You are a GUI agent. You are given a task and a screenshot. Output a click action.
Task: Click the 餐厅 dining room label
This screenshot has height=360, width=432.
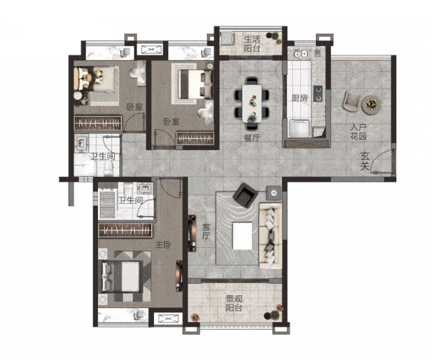[252, 138]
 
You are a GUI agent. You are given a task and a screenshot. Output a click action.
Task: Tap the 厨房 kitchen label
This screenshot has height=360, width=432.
[300, 98]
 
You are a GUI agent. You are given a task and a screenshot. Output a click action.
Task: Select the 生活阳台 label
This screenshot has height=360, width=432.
[252, 43]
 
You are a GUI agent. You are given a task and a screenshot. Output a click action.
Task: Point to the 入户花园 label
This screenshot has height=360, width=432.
[358, 132]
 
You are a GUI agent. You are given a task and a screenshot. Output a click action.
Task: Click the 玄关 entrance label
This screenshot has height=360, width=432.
[364, 161]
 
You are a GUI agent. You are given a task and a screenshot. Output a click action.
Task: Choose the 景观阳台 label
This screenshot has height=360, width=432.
[234, 303]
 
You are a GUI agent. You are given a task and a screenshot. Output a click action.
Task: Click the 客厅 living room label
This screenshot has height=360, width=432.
[206, 232]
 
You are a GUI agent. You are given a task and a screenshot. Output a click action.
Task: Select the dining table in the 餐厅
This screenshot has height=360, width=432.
[252, 103]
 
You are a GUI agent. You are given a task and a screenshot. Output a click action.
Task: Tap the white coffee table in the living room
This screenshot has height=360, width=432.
[242, 236]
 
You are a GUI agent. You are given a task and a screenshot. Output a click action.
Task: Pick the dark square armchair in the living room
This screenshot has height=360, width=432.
[245, 195]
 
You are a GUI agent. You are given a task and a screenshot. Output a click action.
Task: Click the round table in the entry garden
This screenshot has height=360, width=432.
[371, 105]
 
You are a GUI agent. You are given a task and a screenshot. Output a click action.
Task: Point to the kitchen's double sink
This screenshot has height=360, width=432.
[300, 54]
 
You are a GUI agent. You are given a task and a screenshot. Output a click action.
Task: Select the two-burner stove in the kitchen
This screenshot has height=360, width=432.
[318, 93]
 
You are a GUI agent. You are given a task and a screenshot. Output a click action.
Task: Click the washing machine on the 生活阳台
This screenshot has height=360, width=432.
[227, 38]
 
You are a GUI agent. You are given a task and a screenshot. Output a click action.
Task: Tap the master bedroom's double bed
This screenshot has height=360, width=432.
[122, 276]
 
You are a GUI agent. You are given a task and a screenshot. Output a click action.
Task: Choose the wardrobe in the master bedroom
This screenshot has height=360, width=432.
[126, 230]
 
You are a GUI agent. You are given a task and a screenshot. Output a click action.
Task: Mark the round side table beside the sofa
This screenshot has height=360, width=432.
[273, 193]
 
